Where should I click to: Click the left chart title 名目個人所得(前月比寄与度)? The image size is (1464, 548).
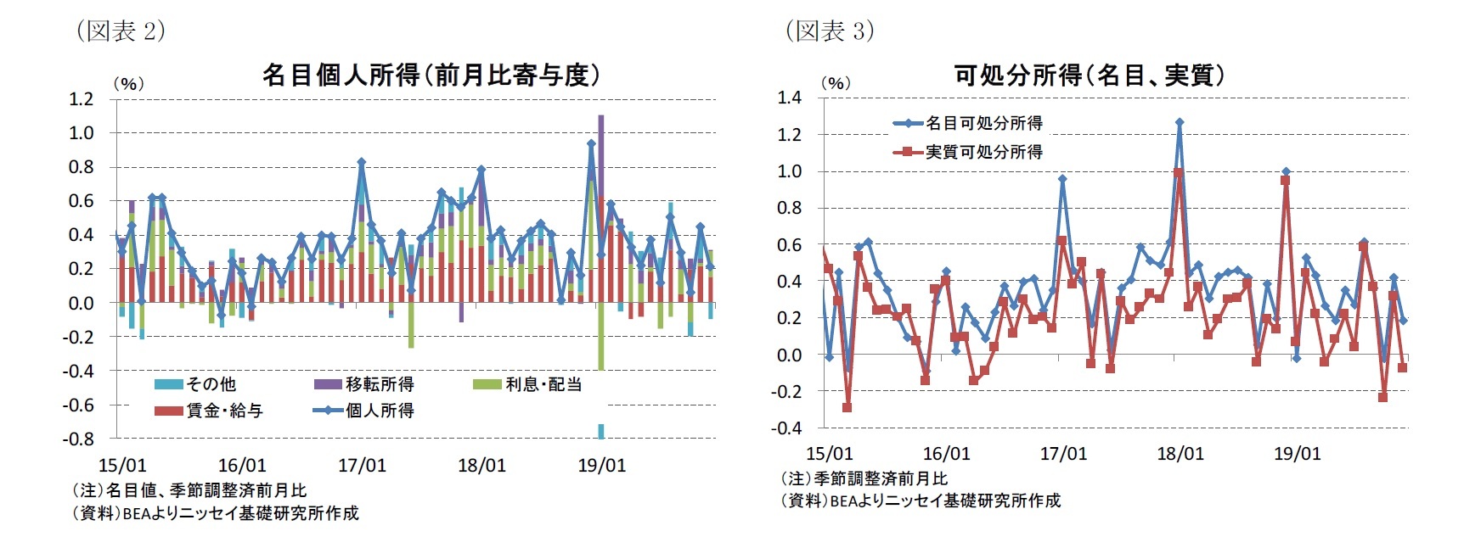coord(431,75)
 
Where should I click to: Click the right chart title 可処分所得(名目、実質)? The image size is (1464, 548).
coord(1090,75)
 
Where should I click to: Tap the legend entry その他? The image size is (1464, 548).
coord(211,384)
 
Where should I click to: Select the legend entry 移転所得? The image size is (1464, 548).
coord(379,384)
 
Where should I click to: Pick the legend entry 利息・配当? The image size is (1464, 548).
coord(543,384)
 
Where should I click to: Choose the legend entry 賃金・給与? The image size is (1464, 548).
coord(224,411)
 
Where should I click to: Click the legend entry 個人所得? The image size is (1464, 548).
coord(379,411)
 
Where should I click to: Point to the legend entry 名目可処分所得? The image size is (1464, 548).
coord(983,123)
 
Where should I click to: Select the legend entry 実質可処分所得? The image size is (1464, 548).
coord(983,152)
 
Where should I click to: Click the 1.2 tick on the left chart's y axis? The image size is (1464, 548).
coord(81,99)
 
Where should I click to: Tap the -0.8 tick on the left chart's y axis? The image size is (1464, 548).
coord(78,439)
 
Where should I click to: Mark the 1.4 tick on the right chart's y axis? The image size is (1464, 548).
coord(789,98)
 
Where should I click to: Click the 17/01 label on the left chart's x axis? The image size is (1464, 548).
coord(362,465)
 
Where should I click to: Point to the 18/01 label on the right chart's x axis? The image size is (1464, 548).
coord(1180,454)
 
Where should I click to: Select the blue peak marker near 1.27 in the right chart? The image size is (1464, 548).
coord(1180,122)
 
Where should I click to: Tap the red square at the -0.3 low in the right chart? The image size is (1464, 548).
coord(847,408)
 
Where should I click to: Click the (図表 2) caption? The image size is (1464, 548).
coord(121,31)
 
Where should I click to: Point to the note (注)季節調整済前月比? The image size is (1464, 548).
coord(864,478)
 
